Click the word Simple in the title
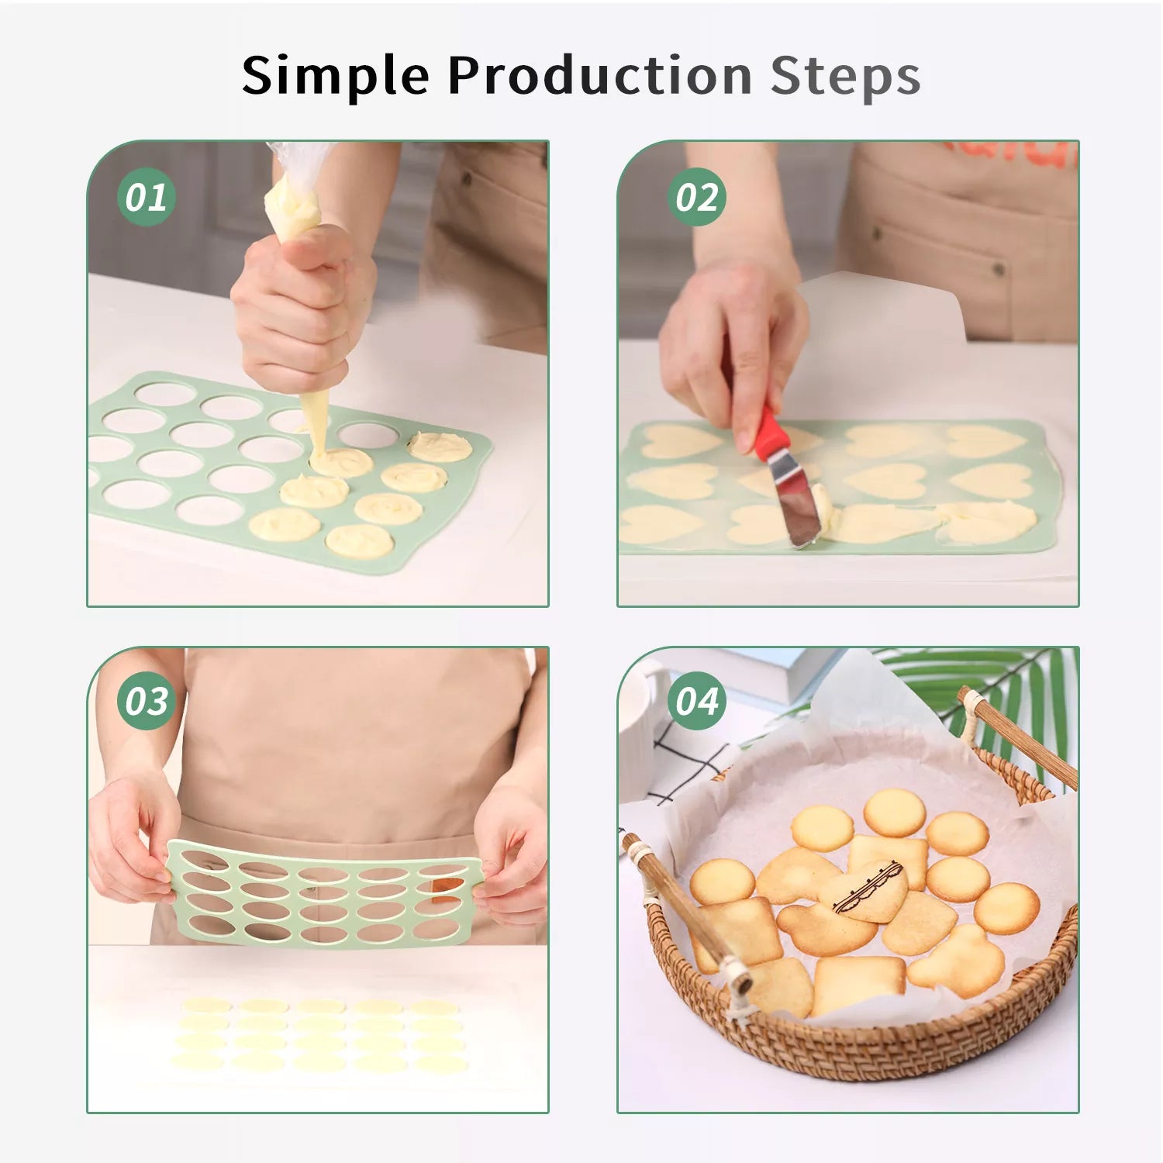click(x=335, y=77)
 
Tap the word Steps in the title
click(x=845, y=76)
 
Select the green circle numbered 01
click(x=146, y=197)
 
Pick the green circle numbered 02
click(x=696, y=197)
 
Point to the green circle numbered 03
click(x=146, y=701)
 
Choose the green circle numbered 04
click(x=696, y=701)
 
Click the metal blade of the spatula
click(x=795, y=500)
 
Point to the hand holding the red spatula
click(x=733, y=341)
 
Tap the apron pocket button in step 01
click(x=467, y=178)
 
